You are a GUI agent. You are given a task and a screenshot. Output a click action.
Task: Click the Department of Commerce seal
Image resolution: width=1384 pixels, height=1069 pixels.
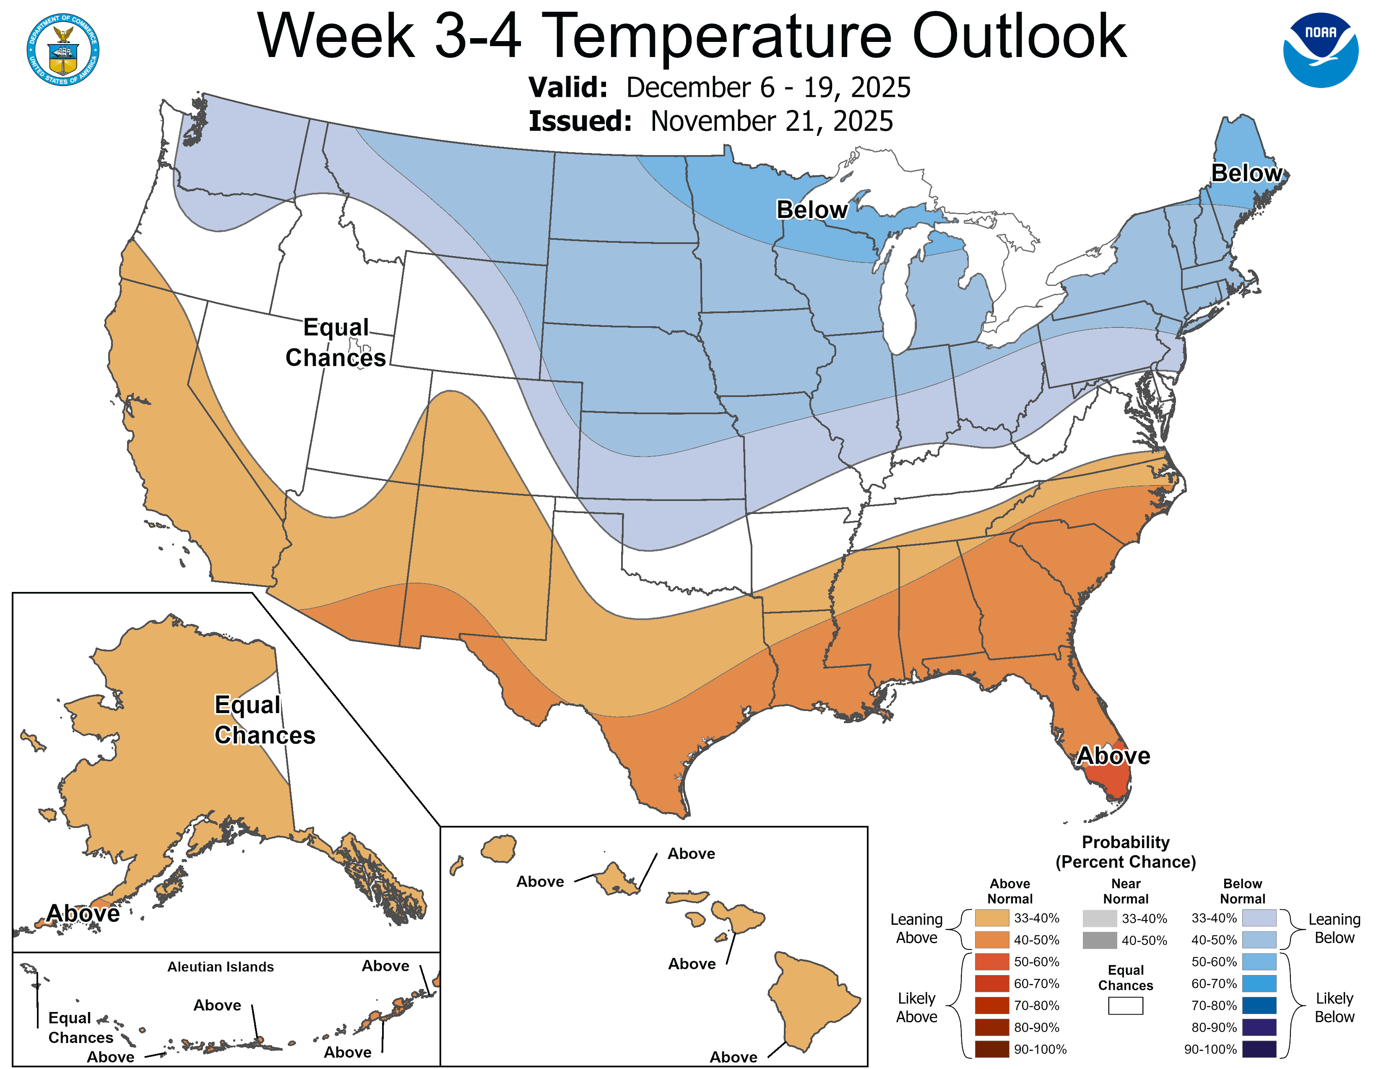63,49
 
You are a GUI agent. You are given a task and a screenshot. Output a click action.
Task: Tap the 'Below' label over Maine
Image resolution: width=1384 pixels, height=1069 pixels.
1246,173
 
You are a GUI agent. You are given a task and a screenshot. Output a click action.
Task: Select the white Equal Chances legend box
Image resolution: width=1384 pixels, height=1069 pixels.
1126,1006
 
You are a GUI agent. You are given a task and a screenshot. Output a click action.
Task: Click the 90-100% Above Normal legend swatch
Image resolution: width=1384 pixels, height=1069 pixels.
992,1049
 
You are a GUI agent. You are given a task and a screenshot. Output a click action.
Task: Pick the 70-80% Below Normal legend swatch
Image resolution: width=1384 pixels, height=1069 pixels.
1259,1006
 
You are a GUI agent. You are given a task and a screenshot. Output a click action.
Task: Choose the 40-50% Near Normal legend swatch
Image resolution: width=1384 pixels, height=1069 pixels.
1100,940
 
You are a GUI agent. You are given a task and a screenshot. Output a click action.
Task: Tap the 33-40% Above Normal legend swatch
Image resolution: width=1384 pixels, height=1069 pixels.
992,918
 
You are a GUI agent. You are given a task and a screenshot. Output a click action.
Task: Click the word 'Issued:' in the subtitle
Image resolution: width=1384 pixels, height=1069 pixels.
580,122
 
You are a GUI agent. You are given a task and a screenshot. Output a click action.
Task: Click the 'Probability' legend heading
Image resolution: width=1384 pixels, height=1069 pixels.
1126,842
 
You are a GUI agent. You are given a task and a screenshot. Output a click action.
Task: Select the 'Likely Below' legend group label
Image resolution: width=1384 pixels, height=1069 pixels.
1334,1007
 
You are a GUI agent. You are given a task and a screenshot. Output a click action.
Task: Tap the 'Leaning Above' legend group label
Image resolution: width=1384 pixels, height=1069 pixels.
916,929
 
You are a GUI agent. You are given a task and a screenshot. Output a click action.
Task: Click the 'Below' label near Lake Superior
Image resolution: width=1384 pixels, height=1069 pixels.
812,210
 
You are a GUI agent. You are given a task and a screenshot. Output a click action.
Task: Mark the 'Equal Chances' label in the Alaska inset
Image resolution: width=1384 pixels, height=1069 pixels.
264,720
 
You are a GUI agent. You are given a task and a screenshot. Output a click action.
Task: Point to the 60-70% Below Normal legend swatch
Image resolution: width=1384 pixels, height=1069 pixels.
1259,983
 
